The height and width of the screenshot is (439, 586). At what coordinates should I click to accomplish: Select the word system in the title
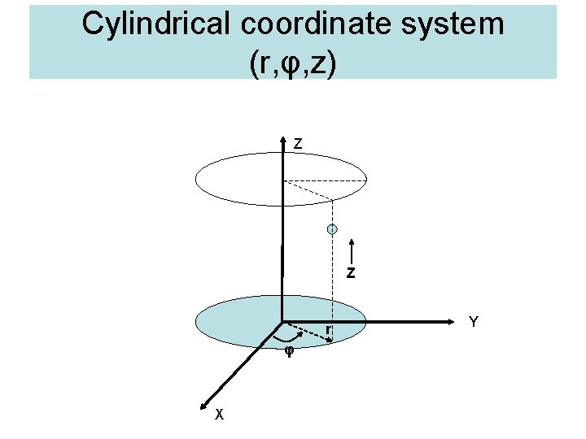457,24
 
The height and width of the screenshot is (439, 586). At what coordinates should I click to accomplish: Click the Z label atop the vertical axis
299,144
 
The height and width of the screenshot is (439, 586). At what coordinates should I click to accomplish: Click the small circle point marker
332,230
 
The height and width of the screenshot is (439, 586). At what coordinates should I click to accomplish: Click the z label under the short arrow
350,273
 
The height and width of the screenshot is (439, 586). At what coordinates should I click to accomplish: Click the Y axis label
473,322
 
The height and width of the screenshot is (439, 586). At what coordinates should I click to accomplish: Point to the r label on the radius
327,329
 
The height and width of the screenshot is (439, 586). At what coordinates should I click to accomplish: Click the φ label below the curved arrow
288,352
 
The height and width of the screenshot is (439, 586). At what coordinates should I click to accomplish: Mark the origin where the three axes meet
282,322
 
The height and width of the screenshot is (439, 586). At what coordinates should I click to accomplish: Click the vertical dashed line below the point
333,285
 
